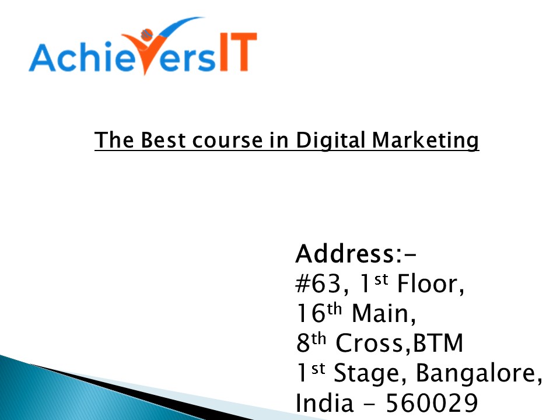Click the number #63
[318, 285]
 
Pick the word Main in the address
[383, 314]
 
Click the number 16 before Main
[309, 314]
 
